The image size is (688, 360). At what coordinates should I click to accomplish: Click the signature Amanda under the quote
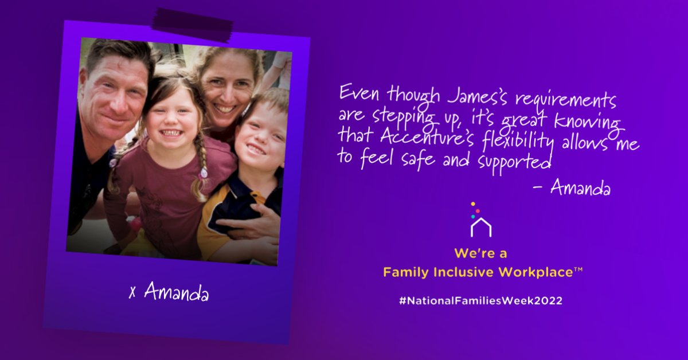580,188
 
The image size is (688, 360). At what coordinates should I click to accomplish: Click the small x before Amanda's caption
132,292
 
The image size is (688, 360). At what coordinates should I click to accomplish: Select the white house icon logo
480,226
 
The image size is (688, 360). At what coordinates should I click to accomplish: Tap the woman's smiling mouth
225,108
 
